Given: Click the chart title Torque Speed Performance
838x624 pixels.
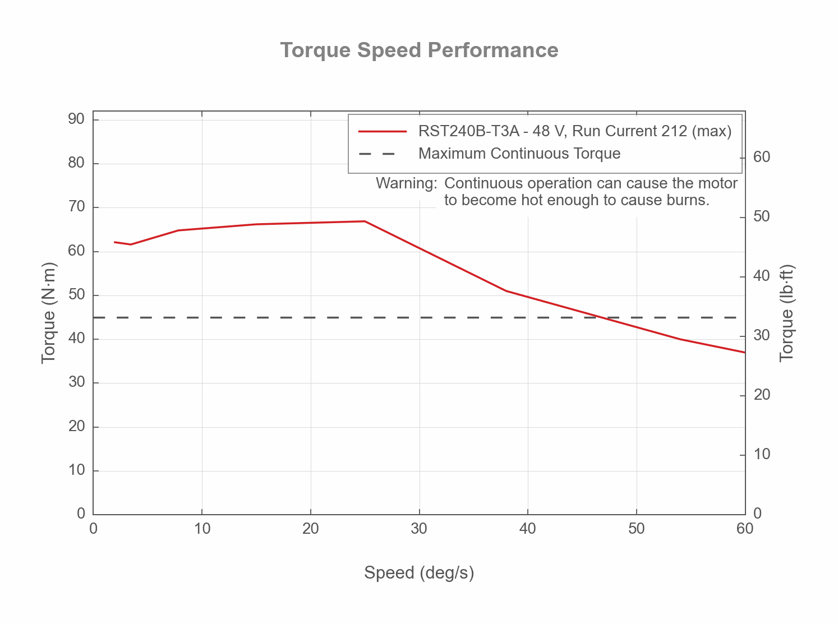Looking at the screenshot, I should click(x=419, y=50).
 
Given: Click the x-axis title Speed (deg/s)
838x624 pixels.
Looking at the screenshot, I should click(x=419, y=573).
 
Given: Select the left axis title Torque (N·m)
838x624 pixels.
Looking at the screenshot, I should click(x=49, y=312).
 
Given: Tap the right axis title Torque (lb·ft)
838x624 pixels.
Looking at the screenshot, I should click(x=788, y=313).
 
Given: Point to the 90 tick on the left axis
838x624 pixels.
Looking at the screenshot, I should click(x=77, y=119).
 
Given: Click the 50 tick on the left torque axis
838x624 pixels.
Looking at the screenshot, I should click(x=77, y=295).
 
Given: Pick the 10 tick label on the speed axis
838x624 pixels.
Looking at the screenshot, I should click(x=202, y=529).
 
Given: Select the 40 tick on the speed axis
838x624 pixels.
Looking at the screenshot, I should click(x=528, y=529).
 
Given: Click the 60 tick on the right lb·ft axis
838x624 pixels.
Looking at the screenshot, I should click(x=762, y=157).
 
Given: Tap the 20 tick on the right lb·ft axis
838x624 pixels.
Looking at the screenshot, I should click(x=762, y=395).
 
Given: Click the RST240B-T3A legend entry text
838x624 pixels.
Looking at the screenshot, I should click(x=575, y=131).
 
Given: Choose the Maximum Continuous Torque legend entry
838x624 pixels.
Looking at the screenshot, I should click(x=519, y=154).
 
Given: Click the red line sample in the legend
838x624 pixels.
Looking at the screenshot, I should click(x=383, y=131).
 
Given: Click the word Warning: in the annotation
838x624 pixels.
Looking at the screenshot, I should click(x=406, y=183).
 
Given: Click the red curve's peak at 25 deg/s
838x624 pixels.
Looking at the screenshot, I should click(x=365, y=221).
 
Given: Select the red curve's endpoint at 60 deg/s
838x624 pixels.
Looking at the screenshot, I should click(x=744, y=352).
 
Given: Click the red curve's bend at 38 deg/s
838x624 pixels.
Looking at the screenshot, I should click(x=506, y=290).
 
